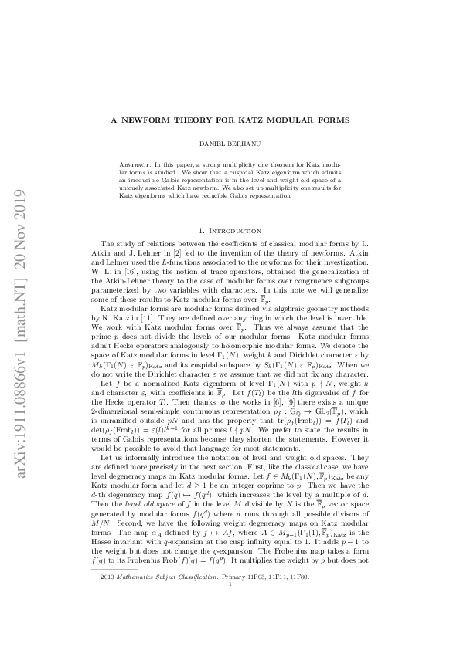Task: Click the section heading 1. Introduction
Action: (x=230, y=230)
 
